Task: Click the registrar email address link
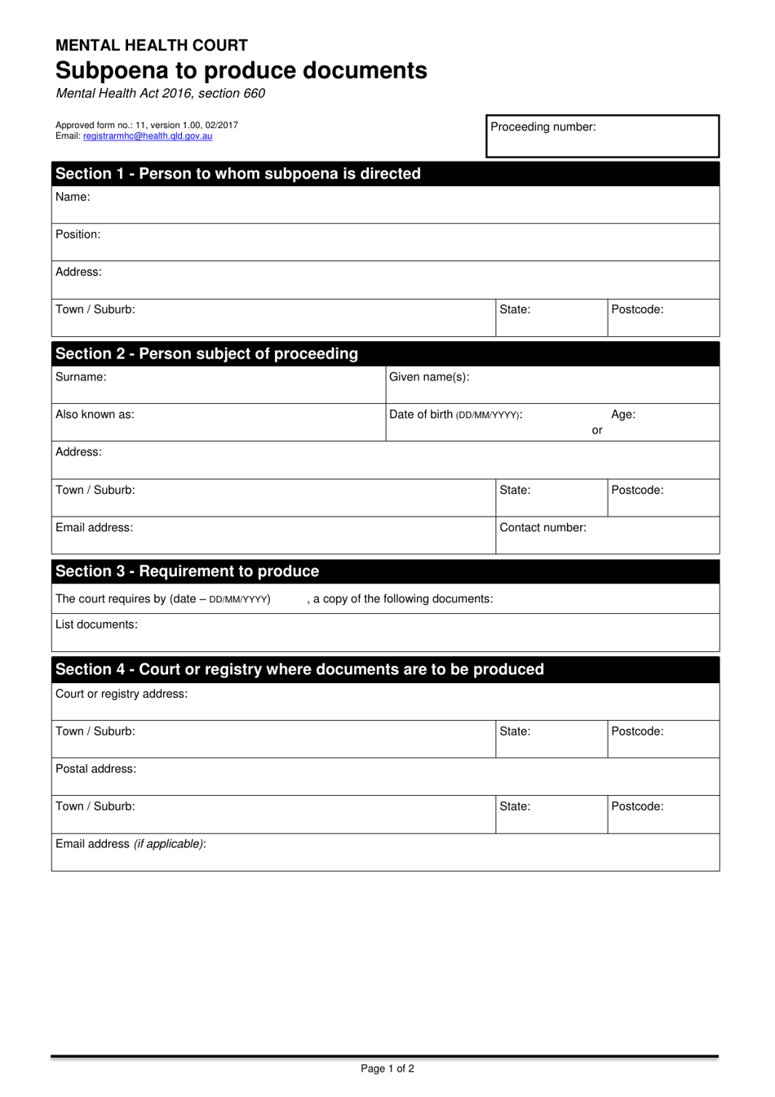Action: tap(148, 136)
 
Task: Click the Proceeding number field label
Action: tap(542, 127)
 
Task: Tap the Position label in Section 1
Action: tap(78, 234)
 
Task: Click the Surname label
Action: tap(81, 377)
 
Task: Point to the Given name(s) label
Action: tap(429, 377)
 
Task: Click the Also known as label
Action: tap(95, 415)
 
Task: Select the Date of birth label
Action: tap(455, 415)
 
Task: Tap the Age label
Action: tap(623, 415)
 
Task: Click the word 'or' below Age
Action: tap(597, 430)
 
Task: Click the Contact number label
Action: tap(542, 527)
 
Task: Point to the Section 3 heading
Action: tap(187, 571)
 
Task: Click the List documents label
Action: tap(96, 624)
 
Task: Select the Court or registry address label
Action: tap(122, 694)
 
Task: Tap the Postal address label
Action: tap(95, 769)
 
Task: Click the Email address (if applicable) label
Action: tap(131, 844)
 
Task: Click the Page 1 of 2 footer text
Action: tap(387, 1068)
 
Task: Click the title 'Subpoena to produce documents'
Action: tap(241, 70)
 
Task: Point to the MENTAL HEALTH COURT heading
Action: tap(152, 46)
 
